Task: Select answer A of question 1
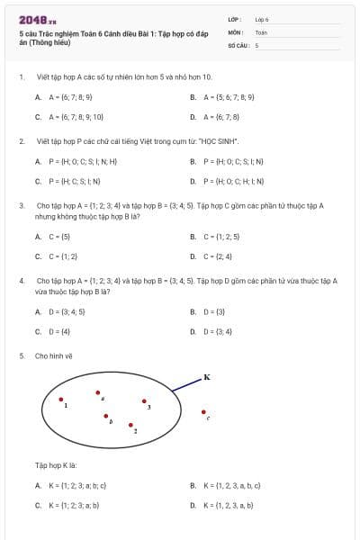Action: pyautogui.click(x=64, y=96)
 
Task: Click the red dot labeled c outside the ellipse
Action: pyautogui.click(x=203, y=412)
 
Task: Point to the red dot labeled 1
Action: pyautogui.click(x=60, y=400)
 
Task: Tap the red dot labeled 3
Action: pyautogui.click(x=143, y=401)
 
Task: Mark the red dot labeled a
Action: pyautogui.click(x=98, y=392)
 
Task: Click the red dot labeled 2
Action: pyautogui.click(x=130, y=425)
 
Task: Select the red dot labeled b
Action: pyautogui.click(x=105, y=416)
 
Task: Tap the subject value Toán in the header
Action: pyautogui.click(x=261, y=31)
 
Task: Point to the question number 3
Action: pyautogui.click(x=21, y=205)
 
